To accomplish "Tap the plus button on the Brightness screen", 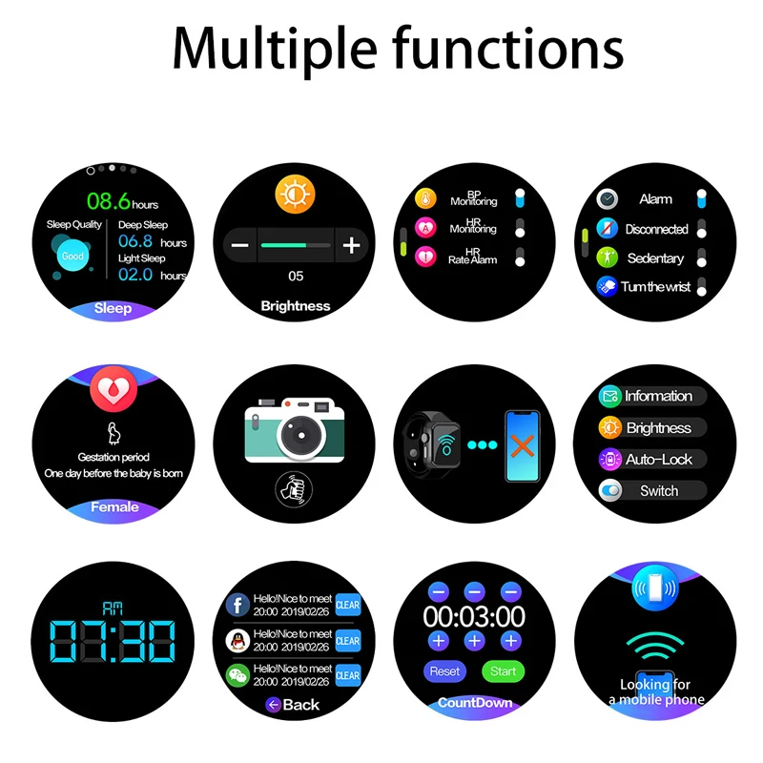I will [x=351, y=245].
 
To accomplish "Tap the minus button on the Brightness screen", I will [x=239, y=245].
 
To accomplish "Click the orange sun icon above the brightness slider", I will [x=295, y=194].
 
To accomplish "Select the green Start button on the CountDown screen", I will [x=503, y=671].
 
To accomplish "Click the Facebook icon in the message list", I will [x=238, y=604].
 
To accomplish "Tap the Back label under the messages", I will [x=294, y=705].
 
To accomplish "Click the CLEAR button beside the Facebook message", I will [x=348, y=605].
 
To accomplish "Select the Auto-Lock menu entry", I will [x=652, y=460].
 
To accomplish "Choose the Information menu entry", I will [x=652, y=396].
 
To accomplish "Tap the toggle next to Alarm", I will [x=702, y=198].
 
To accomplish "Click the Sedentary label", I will [x=655, y=258].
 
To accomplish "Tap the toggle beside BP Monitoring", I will [x=520, y=198].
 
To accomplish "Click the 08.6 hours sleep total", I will [x=122, y=201].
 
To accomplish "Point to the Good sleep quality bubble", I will [x=72, y=256].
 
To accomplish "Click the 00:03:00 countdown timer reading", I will [x=474, y=616].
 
